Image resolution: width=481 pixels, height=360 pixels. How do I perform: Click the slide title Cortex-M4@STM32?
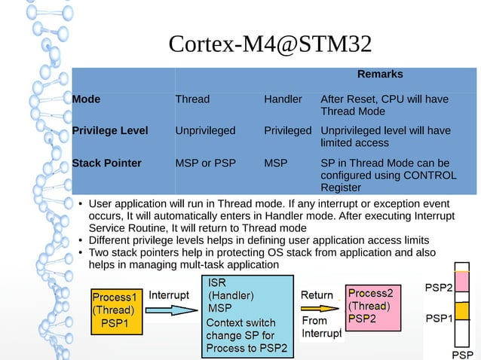[x=270, y=44]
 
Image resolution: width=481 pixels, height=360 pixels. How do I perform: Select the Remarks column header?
[x=379, y=75]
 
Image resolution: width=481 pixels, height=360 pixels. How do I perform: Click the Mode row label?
[x=86, y=99]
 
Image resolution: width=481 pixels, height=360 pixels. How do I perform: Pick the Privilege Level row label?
[x=109, y=131]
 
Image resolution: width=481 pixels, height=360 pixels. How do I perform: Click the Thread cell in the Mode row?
[x=192, y=99]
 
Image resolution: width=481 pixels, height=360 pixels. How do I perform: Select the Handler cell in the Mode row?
[x=283, y=99]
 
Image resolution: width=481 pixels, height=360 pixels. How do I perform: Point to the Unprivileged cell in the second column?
[x=205, y=131]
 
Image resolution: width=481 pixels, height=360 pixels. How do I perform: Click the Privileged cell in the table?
[x=287, y=131]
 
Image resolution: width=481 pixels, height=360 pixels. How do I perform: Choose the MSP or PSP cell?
[x=204, y=163]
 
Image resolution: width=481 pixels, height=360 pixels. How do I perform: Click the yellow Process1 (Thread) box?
[x=115, y=310]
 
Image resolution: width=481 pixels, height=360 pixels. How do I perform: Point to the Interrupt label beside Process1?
[x=169, y=295]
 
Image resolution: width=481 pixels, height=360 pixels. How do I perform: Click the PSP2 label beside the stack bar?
[x=439, y=288]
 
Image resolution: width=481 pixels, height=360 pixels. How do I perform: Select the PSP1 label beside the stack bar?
[x=439, y=319]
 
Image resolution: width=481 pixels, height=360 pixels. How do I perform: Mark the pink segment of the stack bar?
[x=462, y=286]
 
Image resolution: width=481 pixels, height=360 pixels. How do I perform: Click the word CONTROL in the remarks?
[x=430, y=175]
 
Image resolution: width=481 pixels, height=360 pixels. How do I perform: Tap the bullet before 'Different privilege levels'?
[x=80, y=241]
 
